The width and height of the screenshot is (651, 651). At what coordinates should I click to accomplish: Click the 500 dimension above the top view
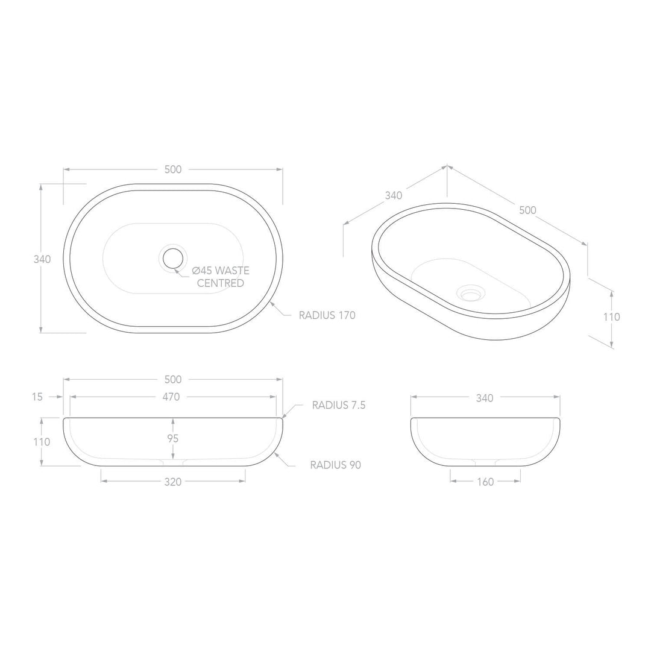tap(173, 169)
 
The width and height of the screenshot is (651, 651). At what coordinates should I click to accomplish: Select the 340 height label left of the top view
tap(42, 259)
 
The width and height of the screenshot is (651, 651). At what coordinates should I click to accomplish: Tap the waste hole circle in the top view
tap(173, 258)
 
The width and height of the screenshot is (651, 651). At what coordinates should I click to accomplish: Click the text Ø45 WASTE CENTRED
tap(220, 277)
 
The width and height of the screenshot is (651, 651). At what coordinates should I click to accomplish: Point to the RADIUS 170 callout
tap(327, 315)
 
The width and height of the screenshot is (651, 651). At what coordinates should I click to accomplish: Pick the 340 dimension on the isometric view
tap(393, 195)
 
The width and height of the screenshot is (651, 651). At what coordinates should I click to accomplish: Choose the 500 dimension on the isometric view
tap(527, 210)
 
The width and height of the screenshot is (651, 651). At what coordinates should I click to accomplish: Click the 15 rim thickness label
tap(38, 397)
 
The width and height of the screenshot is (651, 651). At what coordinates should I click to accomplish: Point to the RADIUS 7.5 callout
tap(338, 405)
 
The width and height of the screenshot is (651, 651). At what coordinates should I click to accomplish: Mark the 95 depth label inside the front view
tap(173, 438)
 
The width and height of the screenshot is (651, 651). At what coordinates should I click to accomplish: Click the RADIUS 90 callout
tap(335, 465)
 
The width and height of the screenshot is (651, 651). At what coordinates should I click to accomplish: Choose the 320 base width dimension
tap(173, 481)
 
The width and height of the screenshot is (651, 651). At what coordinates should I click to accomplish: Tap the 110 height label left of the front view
tap(42, 441)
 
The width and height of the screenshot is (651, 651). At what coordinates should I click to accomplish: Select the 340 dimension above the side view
tap(485, 398)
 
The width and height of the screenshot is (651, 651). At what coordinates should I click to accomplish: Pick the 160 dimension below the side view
tap(485, 482)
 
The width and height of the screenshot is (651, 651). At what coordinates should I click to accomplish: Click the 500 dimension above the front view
tap(173, 379)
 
